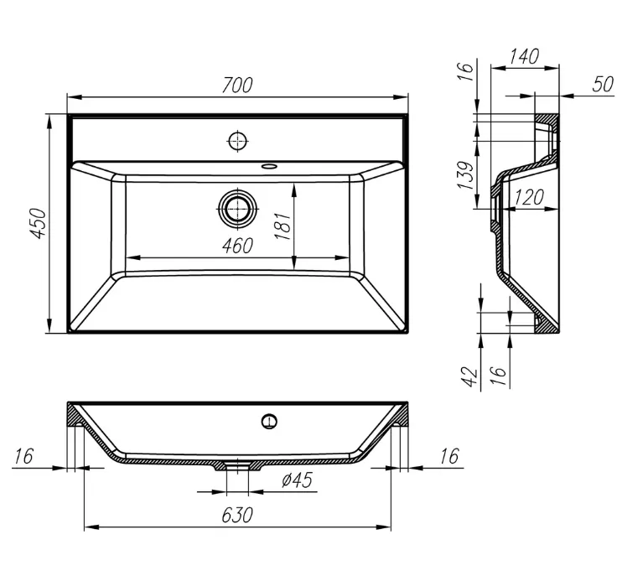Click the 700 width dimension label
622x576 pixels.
tap(237, 86)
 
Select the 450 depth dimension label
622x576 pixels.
tap(39, 223)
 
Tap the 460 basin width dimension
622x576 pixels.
tap(237, 246)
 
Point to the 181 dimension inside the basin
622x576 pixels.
tap(283, 226)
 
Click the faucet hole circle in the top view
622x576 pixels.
tap(238, 140)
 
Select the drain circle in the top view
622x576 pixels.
tap(237, 208)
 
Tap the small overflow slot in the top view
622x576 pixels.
tap(270, 165)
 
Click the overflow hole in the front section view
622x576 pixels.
tap(270, 421)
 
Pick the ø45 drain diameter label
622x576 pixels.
tap(298, 480)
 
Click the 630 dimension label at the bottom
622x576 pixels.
tap(237, 515)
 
